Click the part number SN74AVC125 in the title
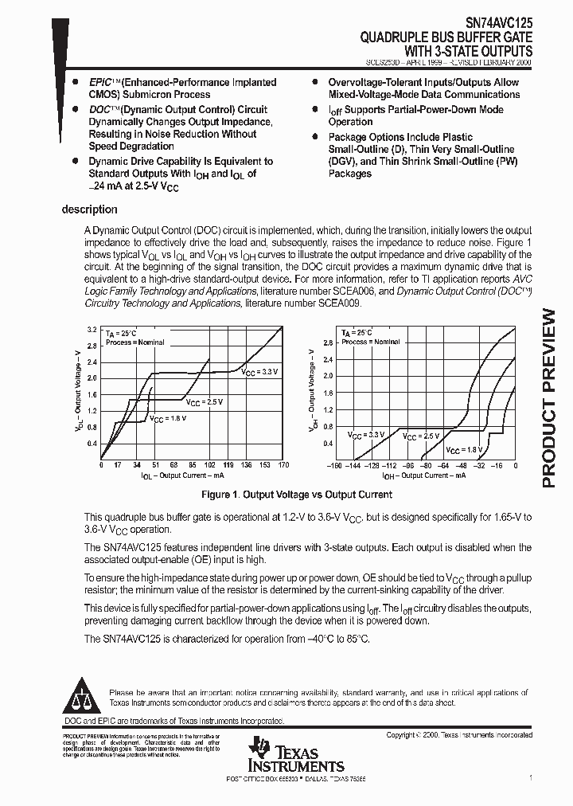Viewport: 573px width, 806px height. (x=494, y=24)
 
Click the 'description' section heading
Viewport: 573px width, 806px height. (x=89, y=209)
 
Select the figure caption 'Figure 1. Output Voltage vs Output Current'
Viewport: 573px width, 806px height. (x=286, y=495)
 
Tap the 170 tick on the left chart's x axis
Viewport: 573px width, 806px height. (x=283, y=465)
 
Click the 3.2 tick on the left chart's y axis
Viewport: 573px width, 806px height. (x=92, y=329)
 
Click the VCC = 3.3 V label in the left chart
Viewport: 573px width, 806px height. (x=260, y=371)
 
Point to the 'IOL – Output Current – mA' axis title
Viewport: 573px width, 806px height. (x=182, y=475)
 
